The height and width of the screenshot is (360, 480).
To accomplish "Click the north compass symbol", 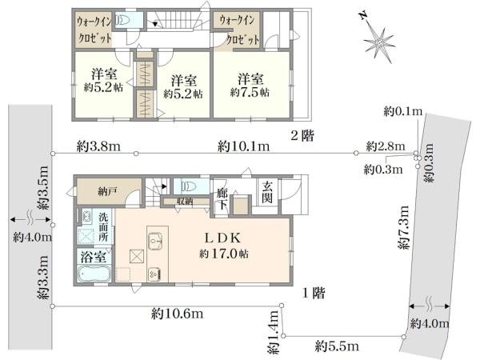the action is click(378, 40).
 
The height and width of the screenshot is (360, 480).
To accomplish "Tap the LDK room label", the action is click(222, 238).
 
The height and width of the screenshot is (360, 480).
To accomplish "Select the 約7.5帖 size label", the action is click(250, 92).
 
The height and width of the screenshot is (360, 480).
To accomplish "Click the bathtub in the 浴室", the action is click(94, 274).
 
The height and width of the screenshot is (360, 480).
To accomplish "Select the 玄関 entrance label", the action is click(267, 192).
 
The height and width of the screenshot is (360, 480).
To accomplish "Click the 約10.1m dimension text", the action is click(244, 146).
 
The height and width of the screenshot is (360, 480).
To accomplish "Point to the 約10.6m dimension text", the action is click(177, 314).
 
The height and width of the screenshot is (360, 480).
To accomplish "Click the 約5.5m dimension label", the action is click(337, 346).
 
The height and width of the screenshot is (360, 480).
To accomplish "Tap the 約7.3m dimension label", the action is click(404, 227).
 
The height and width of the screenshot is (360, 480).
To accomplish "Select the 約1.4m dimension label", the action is click(274, 333).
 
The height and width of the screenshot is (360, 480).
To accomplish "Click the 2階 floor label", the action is click(302, 135).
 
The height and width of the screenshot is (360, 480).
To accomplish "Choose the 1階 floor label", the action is click(314, 294).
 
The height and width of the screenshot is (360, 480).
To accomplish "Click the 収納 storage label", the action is click(185, 202).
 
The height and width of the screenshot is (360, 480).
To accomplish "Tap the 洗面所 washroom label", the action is click(103, 227).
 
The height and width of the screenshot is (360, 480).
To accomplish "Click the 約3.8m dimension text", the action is click(98, 146).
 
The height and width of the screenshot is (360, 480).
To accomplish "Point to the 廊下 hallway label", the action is click(222, 199).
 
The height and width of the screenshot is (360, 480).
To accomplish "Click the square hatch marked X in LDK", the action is click(137, 257).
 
